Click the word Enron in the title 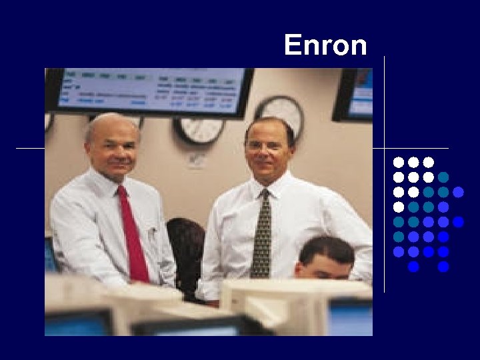point(325,45)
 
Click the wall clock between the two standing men point(198,131)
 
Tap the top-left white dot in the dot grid point(398,162)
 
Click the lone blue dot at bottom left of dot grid point(413,267)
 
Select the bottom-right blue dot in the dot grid point(444,267)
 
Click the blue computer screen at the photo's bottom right point(350,317)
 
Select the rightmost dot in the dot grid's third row point(458,192)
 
